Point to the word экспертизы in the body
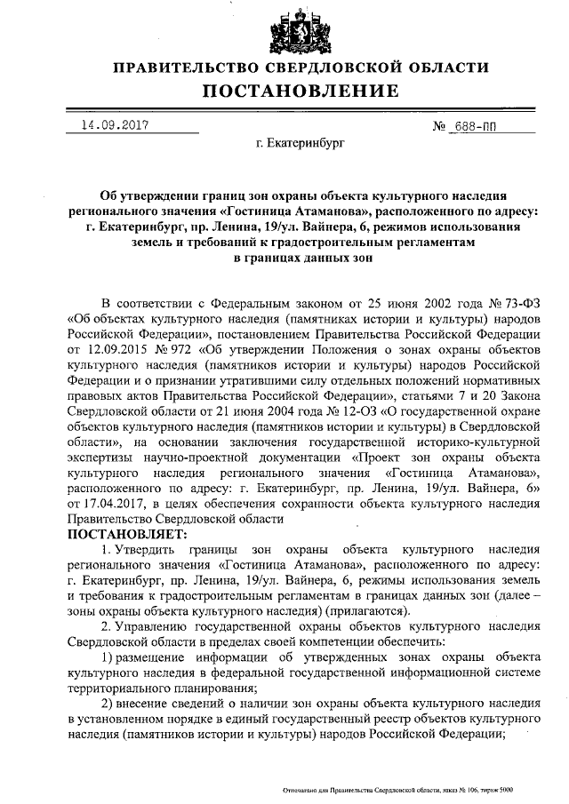tap(100, 459)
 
